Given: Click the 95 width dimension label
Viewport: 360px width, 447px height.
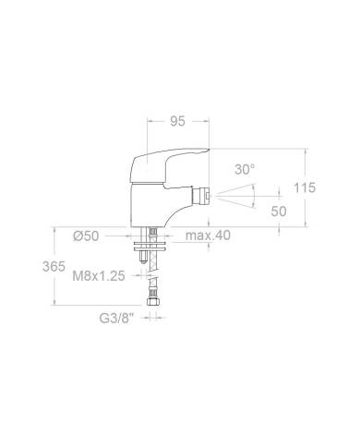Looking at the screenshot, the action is [178, 121].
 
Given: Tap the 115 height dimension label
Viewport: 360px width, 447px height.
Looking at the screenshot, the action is [305, 187].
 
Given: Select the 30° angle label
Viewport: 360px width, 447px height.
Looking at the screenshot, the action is [245, 169].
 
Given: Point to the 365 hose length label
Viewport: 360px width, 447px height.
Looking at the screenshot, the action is [54, 266].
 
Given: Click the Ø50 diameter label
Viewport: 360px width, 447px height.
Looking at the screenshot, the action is [86, 236].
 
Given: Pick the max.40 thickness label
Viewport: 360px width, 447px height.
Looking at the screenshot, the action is [208, 236].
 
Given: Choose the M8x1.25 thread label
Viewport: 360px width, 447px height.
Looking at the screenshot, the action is [99, 276].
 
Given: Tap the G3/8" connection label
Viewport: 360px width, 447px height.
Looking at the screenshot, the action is [117, 319].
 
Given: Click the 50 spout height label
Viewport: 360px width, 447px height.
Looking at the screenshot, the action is [279, 211].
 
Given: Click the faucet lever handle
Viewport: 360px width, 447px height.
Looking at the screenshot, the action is [166, 164].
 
